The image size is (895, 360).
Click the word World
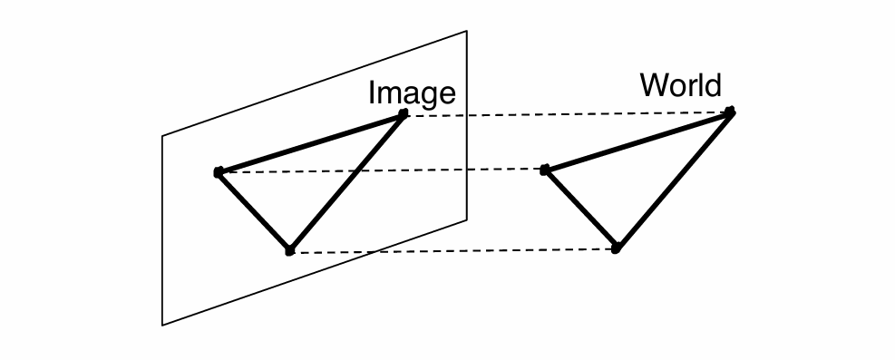(x=680, y=85)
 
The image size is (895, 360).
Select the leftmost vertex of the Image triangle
(x=218, y=171)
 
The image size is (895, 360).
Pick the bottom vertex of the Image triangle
(x=289, y=250)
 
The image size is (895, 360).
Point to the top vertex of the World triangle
(x=731, y=112)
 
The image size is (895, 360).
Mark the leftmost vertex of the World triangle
(x=544, y=170)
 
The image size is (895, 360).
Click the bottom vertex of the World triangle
(x=616, y=248)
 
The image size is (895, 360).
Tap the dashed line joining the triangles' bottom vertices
(x=453, y=250)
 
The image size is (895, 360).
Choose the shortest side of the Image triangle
(x=253, y=210)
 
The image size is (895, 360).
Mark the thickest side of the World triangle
(x=637, y=141)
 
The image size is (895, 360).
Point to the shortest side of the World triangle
(x=579, y=209)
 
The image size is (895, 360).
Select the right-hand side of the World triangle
(x=674, y=180)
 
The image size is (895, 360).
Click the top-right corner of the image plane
(x=466, y=32)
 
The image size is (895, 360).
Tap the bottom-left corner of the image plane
(x=163, y=324)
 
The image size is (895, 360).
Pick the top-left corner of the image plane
(x=163, y=137)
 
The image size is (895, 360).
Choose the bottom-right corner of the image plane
(x=466, y=218)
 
